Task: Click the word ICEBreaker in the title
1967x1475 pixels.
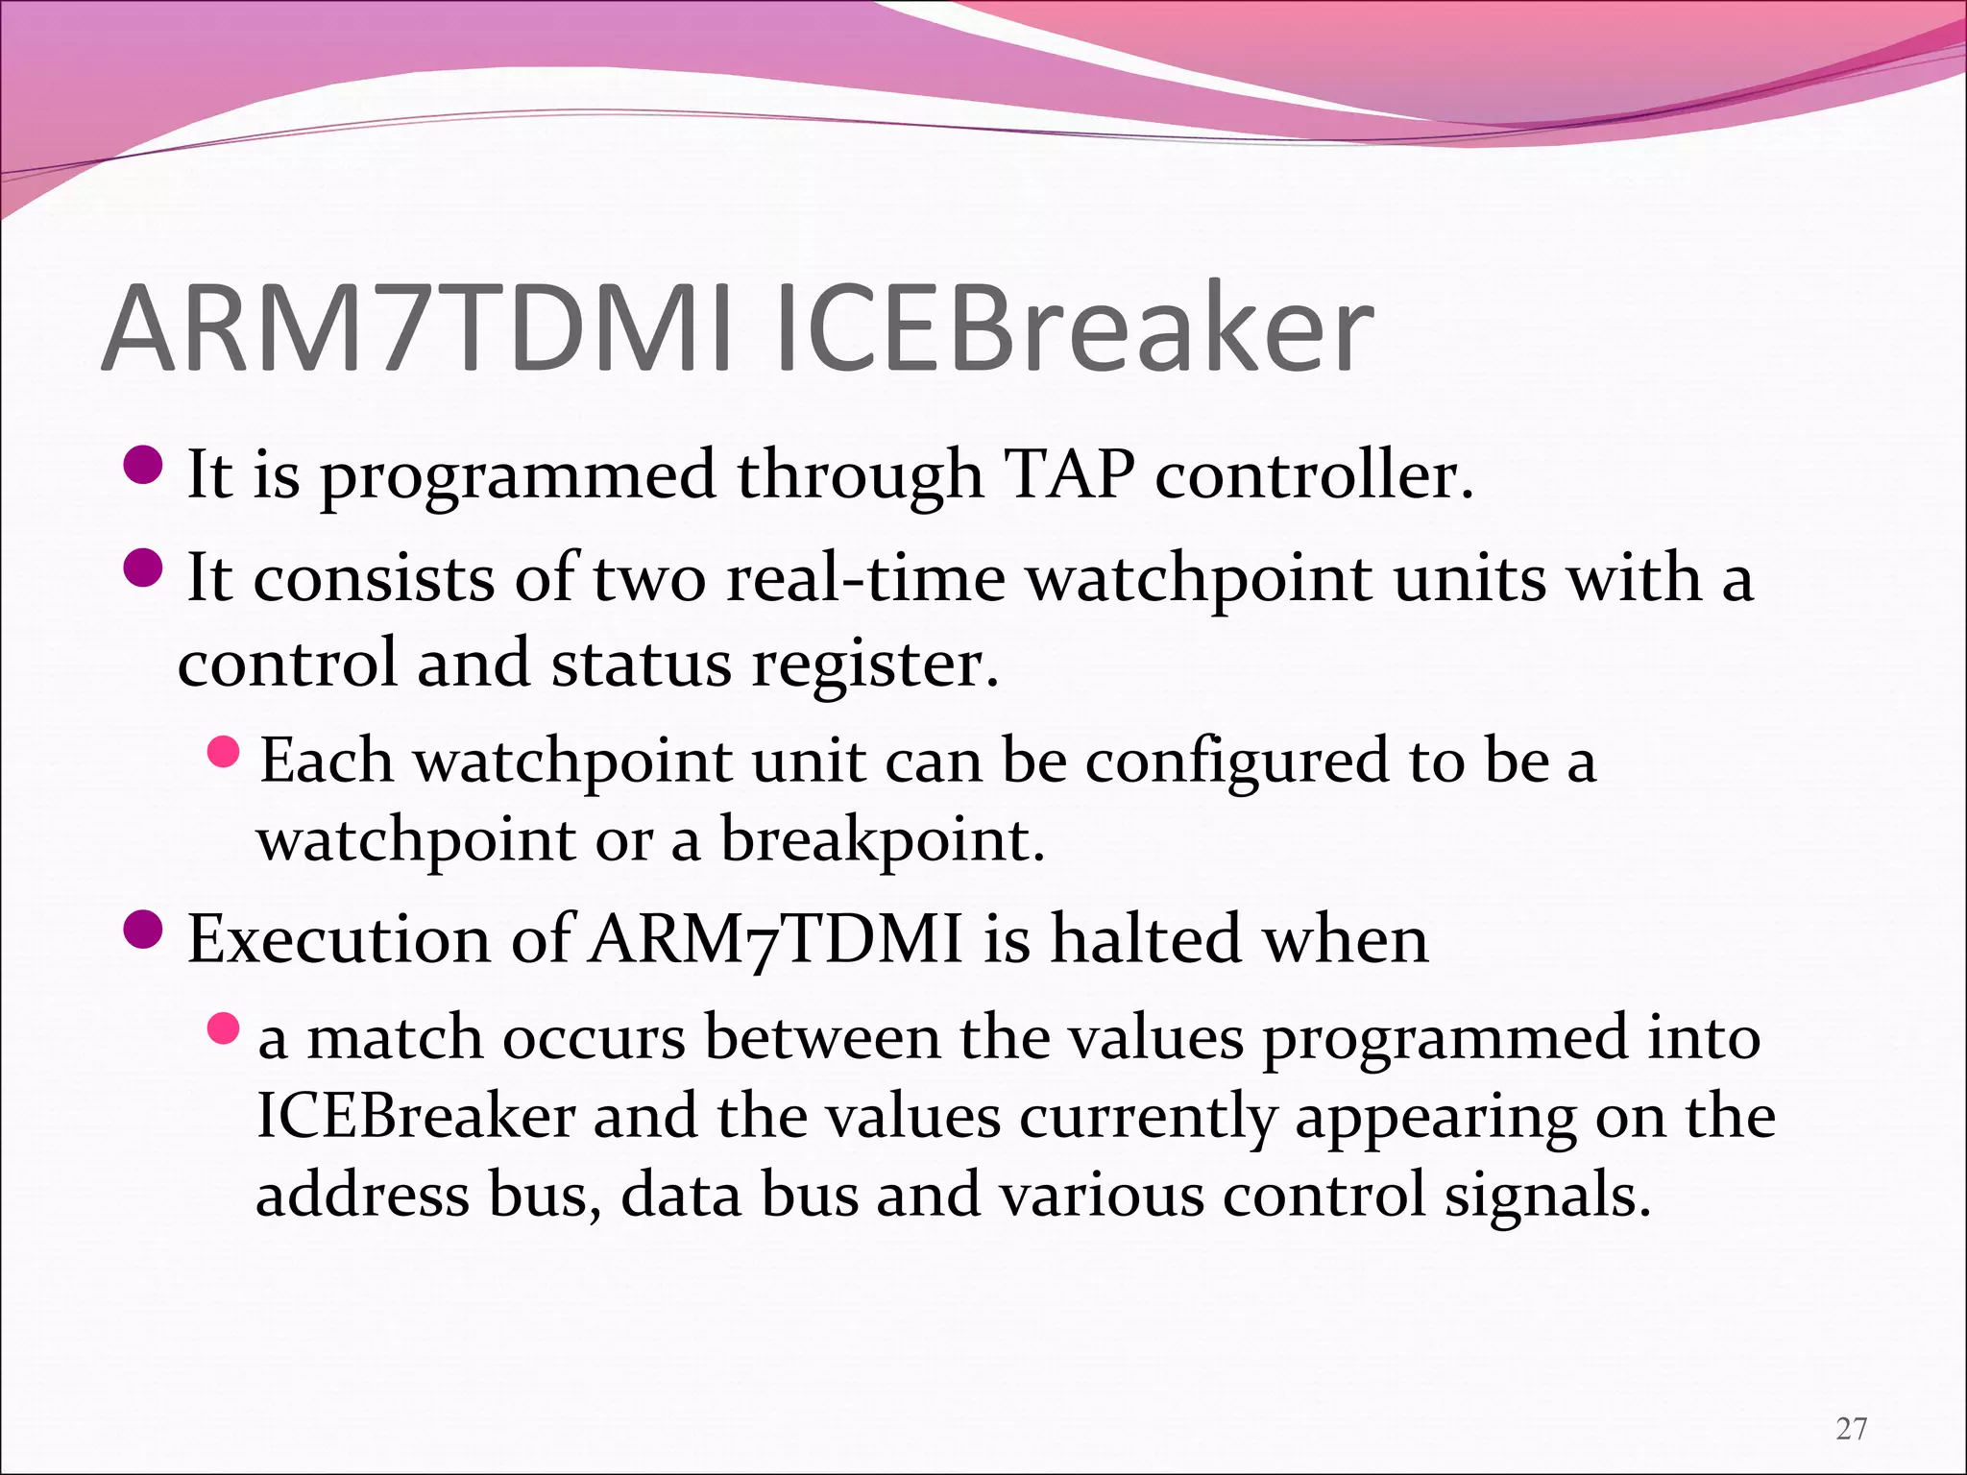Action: [1074, 328]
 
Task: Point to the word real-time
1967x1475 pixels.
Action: [865, 578]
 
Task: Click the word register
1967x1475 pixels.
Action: [875, 664]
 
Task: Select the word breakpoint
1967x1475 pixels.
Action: [882, 839]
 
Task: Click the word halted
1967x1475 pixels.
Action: [1146, 938]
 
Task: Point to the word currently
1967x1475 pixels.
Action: [1149, 1117]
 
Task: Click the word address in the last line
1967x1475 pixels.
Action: [363, 1196]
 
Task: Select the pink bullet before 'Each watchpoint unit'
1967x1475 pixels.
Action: [223, 752]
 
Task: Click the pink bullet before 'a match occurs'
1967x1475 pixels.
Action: [223, 1029]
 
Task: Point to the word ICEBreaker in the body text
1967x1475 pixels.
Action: [416, 1117]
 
